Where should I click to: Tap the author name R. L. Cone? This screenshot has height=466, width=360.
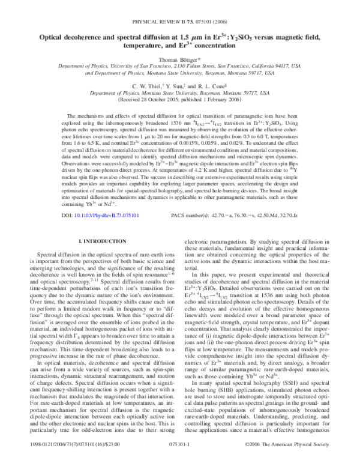[212, 87]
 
